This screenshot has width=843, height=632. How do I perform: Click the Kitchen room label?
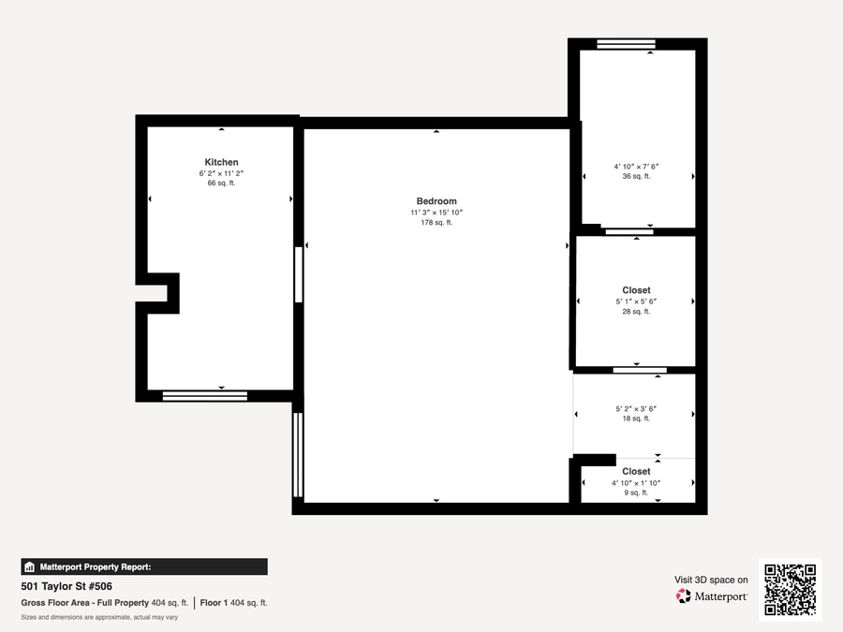coord(221,162)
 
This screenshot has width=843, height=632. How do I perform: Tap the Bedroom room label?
coord(436,201)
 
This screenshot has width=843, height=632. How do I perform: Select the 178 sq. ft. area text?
coord(436,223)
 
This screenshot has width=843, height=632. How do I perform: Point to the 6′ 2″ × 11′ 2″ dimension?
coord(221,173)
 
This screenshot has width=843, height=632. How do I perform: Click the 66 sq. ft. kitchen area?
coord(221,183)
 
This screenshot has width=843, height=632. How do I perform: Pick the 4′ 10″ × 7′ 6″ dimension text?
coord(637,167)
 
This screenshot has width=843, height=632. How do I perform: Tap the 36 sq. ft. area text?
coord(637,176)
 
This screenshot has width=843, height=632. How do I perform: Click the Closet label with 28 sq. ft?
coord(637,290)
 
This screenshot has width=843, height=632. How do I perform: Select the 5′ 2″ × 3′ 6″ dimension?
coord(637,409)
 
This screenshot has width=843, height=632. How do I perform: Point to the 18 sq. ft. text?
coord(637,419)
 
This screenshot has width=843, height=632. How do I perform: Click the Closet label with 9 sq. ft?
coord(637,471)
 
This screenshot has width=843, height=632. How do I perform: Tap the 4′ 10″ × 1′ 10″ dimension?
coord(636,483)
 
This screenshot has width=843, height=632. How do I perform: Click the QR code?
coord(790,590)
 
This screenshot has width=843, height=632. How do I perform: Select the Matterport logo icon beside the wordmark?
coord(684,596)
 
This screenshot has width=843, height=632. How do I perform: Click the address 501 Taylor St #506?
coord(67,586)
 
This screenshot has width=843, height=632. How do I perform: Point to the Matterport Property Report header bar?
coord(144,567)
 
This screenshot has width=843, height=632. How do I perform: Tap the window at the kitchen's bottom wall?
coord(205,396)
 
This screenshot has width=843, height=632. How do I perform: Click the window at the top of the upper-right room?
coord(626,44)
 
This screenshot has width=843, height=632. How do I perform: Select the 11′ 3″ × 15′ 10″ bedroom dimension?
coord(436,213)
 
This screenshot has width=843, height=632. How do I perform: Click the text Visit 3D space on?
coord(711,580)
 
